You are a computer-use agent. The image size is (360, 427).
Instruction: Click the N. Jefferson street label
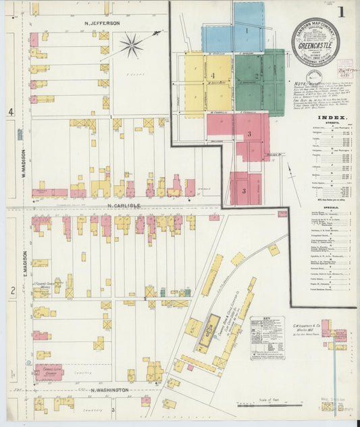pos(102,23)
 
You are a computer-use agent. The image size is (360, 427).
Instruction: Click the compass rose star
pos(131,46)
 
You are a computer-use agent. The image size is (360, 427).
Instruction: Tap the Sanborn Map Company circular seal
pos(316,43)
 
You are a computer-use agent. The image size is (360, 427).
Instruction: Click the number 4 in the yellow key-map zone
pos(212,75)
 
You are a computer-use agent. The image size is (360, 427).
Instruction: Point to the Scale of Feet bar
pos(269,404)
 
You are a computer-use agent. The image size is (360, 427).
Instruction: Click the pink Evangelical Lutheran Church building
pos(48,372)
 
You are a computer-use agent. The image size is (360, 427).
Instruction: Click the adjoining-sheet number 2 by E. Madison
pos(11,290)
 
